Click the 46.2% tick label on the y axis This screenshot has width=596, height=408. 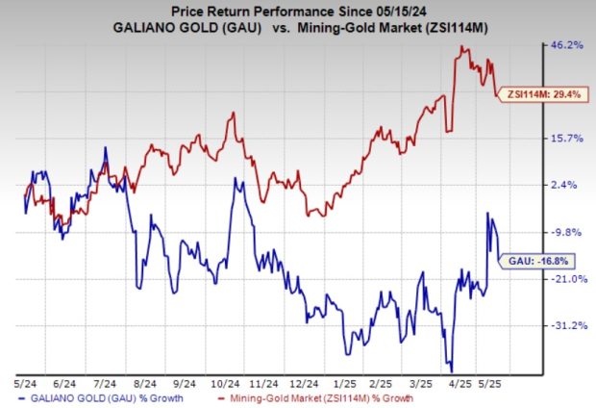tap(566, 45)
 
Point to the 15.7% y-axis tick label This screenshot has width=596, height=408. tap(566, 139)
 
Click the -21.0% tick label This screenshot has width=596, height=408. tap(566, 278)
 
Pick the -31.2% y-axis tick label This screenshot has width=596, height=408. tap(566, 325)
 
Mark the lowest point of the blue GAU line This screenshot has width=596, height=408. tap(450, 370)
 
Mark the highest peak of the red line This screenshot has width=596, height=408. tap(463, 46)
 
